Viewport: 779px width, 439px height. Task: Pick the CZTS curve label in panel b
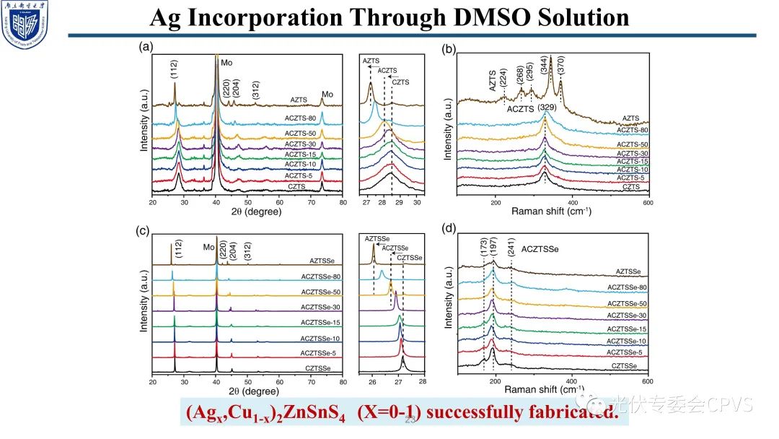point(629,186)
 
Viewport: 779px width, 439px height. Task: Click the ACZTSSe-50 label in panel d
point(626,304)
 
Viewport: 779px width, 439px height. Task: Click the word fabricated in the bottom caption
point(572,413)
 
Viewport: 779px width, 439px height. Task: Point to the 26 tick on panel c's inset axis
point(372,382)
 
